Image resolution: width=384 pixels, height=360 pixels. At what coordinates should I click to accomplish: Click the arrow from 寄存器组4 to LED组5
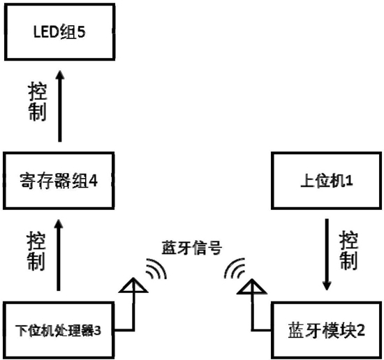coord(60,106)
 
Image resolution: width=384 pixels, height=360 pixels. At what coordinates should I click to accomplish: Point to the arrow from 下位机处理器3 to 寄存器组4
coord(59,255)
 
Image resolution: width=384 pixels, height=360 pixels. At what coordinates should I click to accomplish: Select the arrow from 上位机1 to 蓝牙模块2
coord(327,255)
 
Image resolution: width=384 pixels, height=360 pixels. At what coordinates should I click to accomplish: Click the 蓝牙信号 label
coord(192,248)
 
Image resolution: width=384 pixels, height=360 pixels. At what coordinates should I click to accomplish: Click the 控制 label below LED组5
coord(38,102)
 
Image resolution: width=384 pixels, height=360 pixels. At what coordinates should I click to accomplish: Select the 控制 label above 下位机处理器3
coord(36,251)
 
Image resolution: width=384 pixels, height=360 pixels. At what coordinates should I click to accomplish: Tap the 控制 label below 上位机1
coord(348,250)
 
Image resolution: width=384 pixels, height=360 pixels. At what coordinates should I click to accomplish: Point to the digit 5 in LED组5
coord(81,32)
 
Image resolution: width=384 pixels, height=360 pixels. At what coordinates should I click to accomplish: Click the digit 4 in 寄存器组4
coord(93,181)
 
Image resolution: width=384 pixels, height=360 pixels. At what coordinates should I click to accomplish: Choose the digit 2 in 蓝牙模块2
coord(360,331)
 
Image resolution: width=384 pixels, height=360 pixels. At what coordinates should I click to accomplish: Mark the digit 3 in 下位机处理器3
coord(97,331)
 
